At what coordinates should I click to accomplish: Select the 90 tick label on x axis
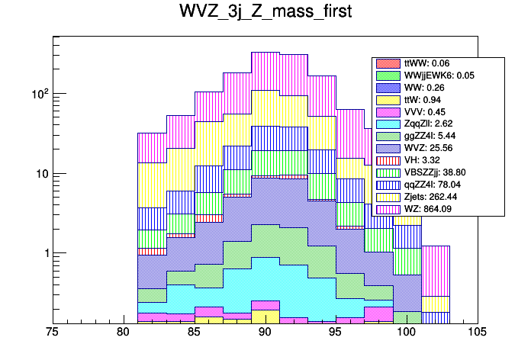[x=265, y=333]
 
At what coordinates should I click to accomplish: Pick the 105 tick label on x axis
[x=478, y=333]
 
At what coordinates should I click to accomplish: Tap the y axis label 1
[x=46, y=253]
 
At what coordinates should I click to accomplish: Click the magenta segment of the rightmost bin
[x=435, y=271]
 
